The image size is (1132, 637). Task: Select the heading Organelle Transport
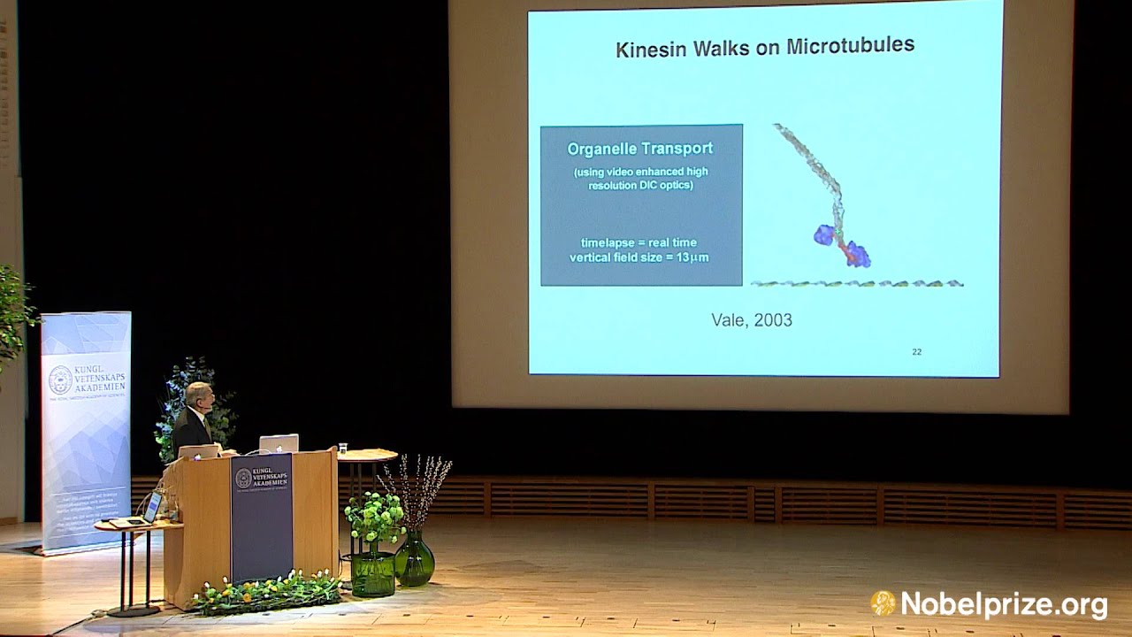pos(640,149)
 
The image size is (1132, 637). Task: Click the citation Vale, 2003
pos(752,320)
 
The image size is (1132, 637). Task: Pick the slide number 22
pos(916,352)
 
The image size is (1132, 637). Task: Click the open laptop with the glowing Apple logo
pos(279,443)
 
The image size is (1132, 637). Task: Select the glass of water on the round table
pos(342,448)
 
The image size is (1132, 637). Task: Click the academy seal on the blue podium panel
pos(243,479)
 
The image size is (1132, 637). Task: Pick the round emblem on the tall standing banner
pos(60,380)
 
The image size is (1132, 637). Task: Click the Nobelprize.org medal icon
pos(883,603)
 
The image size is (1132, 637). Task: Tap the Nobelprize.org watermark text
pos(1003,605)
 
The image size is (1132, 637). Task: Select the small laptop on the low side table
pos(151,508)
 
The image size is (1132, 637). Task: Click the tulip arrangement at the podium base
pos(265,591)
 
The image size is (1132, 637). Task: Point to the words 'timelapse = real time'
pos(639,242)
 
